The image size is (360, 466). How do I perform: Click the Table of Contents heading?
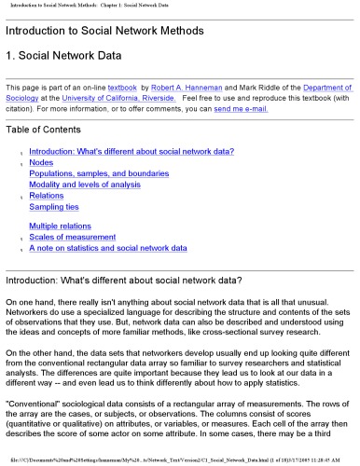pyautogui.click(x=48, y=130)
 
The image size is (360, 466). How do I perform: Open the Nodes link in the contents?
pyautogui.click(x=41, y=162)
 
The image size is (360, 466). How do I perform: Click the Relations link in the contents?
pyautogui.click(x=48, y=196)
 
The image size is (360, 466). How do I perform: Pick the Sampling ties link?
pyautogui.click(x=58, y=207)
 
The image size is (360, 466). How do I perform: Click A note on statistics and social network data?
pyautogui.click(x=108, y=249)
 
